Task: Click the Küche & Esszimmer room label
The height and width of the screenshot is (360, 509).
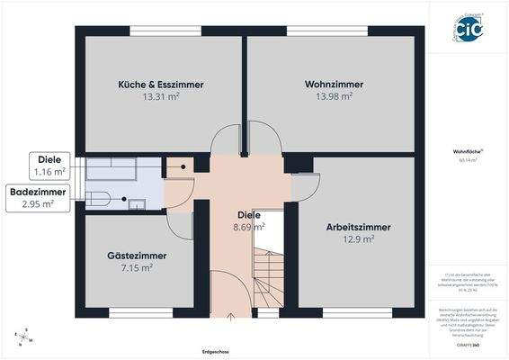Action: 160,84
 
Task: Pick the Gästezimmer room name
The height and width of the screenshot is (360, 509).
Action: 136,256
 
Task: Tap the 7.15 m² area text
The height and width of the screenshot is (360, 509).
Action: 136,267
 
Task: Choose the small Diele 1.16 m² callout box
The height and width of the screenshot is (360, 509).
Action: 49,165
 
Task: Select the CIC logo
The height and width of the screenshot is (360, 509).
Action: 467,28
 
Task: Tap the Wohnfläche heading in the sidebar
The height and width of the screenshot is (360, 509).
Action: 467,152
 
